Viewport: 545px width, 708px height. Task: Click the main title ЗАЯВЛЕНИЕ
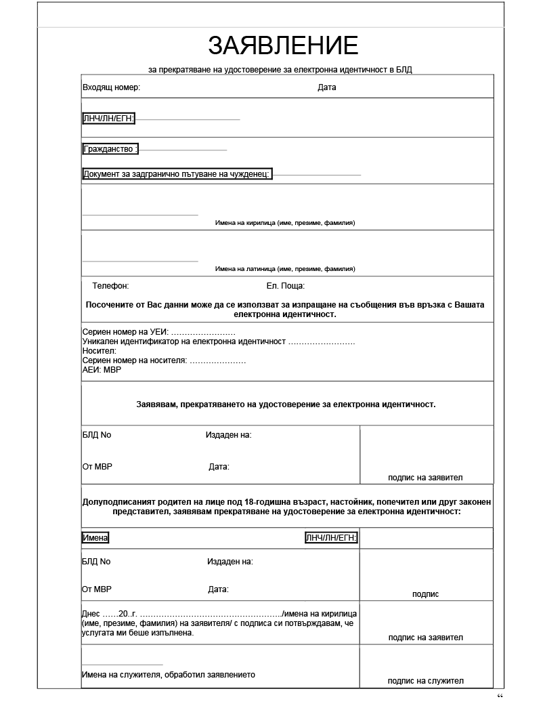click(x=282, y=45)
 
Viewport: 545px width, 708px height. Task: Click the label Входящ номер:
click(x=111, y=87)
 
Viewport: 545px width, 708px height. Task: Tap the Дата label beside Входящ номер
click(x=326, y=87)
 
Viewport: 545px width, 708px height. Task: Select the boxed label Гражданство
click(x=110, y=149)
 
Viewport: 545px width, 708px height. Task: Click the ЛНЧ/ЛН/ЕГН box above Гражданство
click(x=108, y=119)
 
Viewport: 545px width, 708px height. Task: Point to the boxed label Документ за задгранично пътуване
click(x=177, y=174)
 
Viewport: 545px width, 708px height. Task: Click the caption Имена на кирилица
click(x=284, y=223)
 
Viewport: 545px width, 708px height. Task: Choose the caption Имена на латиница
click(x=284, y=269)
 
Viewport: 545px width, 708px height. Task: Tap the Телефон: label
click(x=110, y=286)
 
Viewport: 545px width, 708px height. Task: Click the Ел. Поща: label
click(x=285, y=286)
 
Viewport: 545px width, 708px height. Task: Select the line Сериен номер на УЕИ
click(x=158, y=333)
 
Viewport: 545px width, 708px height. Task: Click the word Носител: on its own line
click(x=99, y=351)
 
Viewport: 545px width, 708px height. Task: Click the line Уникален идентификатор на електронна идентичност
click(x=218, y=342)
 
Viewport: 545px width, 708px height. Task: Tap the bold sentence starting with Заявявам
click(x=286, y=404)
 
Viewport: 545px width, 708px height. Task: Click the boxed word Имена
click(x=95, y=538)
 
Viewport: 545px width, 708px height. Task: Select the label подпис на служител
click(x=425, y=681)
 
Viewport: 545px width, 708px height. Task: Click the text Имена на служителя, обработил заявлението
click(x=168, y=675)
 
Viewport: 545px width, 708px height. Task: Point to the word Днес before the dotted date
click(x=91, y=614)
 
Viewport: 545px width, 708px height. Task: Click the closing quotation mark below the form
click(x=500, y=697)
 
